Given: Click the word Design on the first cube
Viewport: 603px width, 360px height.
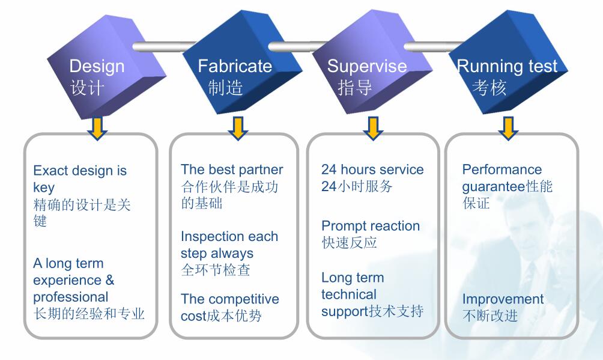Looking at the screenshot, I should coord(97,66).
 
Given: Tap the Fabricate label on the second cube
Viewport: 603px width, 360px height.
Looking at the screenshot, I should coord(235,66).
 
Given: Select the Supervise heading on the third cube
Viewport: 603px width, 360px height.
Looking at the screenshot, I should coord(366,66).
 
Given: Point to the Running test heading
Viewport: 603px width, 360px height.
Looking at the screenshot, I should coord(508,66).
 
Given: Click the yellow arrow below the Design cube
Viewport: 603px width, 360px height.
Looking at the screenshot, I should coord(97,127).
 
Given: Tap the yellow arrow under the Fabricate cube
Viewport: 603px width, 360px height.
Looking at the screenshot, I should coord(238,127).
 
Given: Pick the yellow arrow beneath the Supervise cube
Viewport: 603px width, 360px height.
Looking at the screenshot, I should coord(373,127).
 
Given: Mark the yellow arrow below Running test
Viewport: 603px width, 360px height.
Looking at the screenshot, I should coord(508,127).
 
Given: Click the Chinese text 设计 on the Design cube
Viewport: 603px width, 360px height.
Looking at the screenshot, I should coord(88,88).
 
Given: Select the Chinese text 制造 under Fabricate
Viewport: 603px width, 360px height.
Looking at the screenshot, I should coord(225,88).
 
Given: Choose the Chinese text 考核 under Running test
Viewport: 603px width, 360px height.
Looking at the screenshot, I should coord(489,88).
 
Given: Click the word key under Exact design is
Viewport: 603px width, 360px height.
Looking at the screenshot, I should coord(44,188).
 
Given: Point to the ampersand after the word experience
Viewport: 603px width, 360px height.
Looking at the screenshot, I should coord(109,280).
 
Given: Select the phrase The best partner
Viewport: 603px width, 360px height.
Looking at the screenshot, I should coord(232,169).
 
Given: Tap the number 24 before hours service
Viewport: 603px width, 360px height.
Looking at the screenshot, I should coord(329,169).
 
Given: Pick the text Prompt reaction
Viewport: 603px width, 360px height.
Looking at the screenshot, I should coord(371,226).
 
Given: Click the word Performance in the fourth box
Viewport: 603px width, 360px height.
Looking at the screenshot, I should coord(502,169).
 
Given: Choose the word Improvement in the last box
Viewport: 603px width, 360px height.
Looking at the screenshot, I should coord(503,299).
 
